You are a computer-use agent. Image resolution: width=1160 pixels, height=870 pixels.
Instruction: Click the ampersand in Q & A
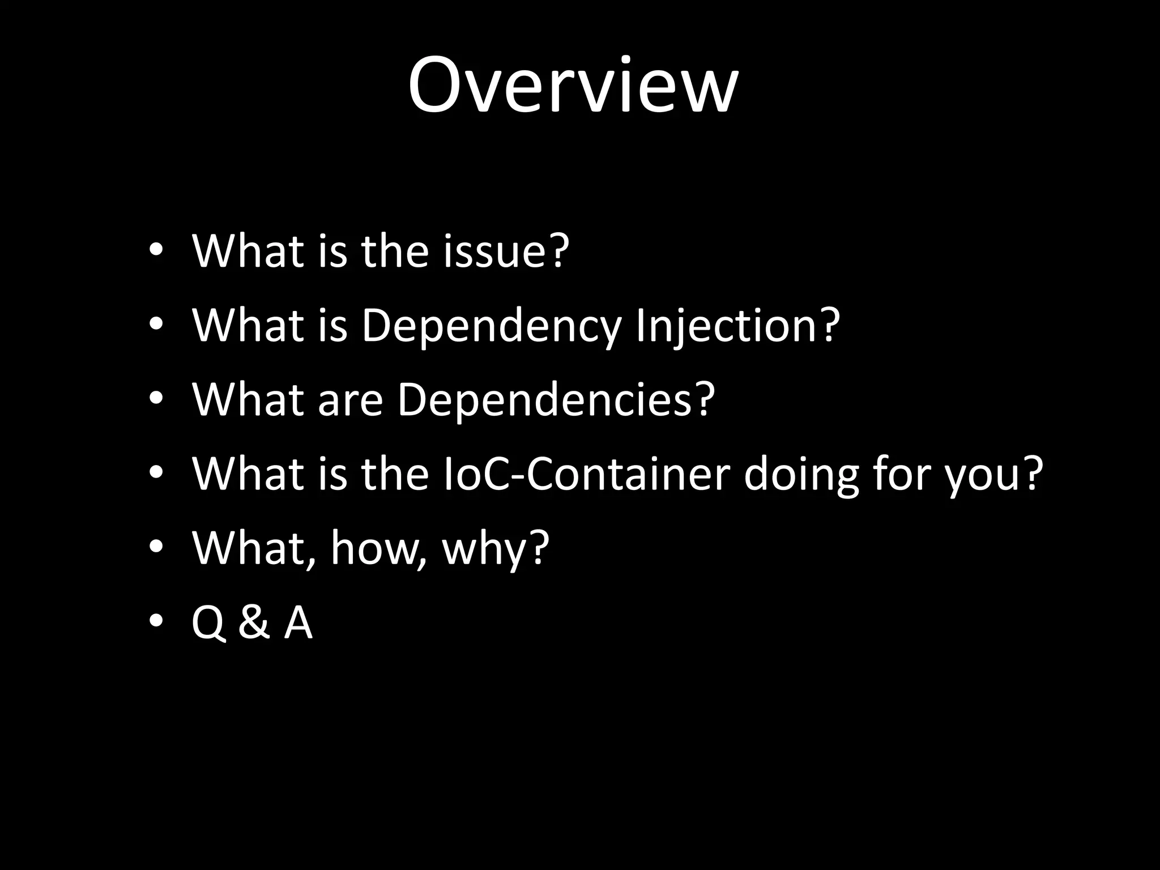pyautogui.click(x=253, y=622)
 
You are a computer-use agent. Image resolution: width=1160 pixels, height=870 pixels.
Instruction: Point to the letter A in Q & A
pyautogui.click(x=298, y=622)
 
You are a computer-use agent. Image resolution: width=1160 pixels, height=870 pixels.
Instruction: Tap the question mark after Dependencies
pyautogui.click(x=703, y=399)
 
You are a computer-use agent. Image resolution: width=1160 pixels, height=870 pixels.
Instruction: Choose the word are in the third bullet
pyautogui.click(x=350, y=400)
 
